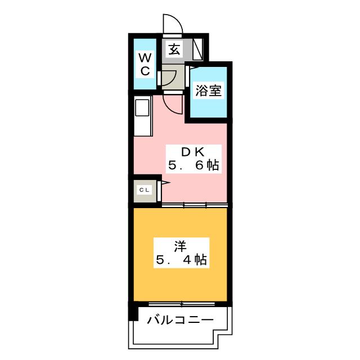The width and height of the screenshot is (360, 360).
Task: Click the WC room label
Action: point(145,64)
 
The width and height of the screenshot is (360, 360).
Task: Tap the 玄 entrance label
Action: point(174,49)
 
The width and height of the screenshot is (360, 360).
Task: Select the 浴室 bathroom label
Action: point(208,90)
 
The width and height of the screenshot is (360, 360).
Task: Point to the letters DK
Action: point(192,152)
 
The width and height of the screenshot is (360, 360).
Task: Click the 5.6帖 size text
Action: point(193,165)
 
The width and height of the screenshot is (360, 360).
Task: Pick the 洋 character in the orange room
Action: point(180,246)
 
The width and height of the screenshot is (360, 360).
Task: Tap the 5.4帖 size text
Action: point(181,260)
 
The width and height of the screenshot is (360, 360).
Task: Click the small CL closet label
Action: point(145,190)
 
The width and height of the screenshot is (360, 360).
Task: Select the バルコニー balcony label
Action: point(180,320)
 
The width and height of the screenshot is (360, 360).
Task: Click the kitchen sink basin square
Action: point(142,107)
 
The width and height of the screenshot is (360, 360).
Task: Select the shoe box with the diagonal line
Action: point(198,49)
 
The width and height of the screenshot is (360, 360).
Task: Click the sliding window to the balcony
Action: point(182,304)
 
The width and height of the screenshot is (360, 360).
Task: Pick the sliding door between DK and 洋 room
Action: point(195,205)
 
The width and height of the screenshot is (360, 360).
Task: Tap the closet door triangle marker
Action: point(166,183)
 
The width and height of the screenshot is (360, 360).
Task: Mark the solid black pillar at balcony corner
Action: point(133,312)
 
